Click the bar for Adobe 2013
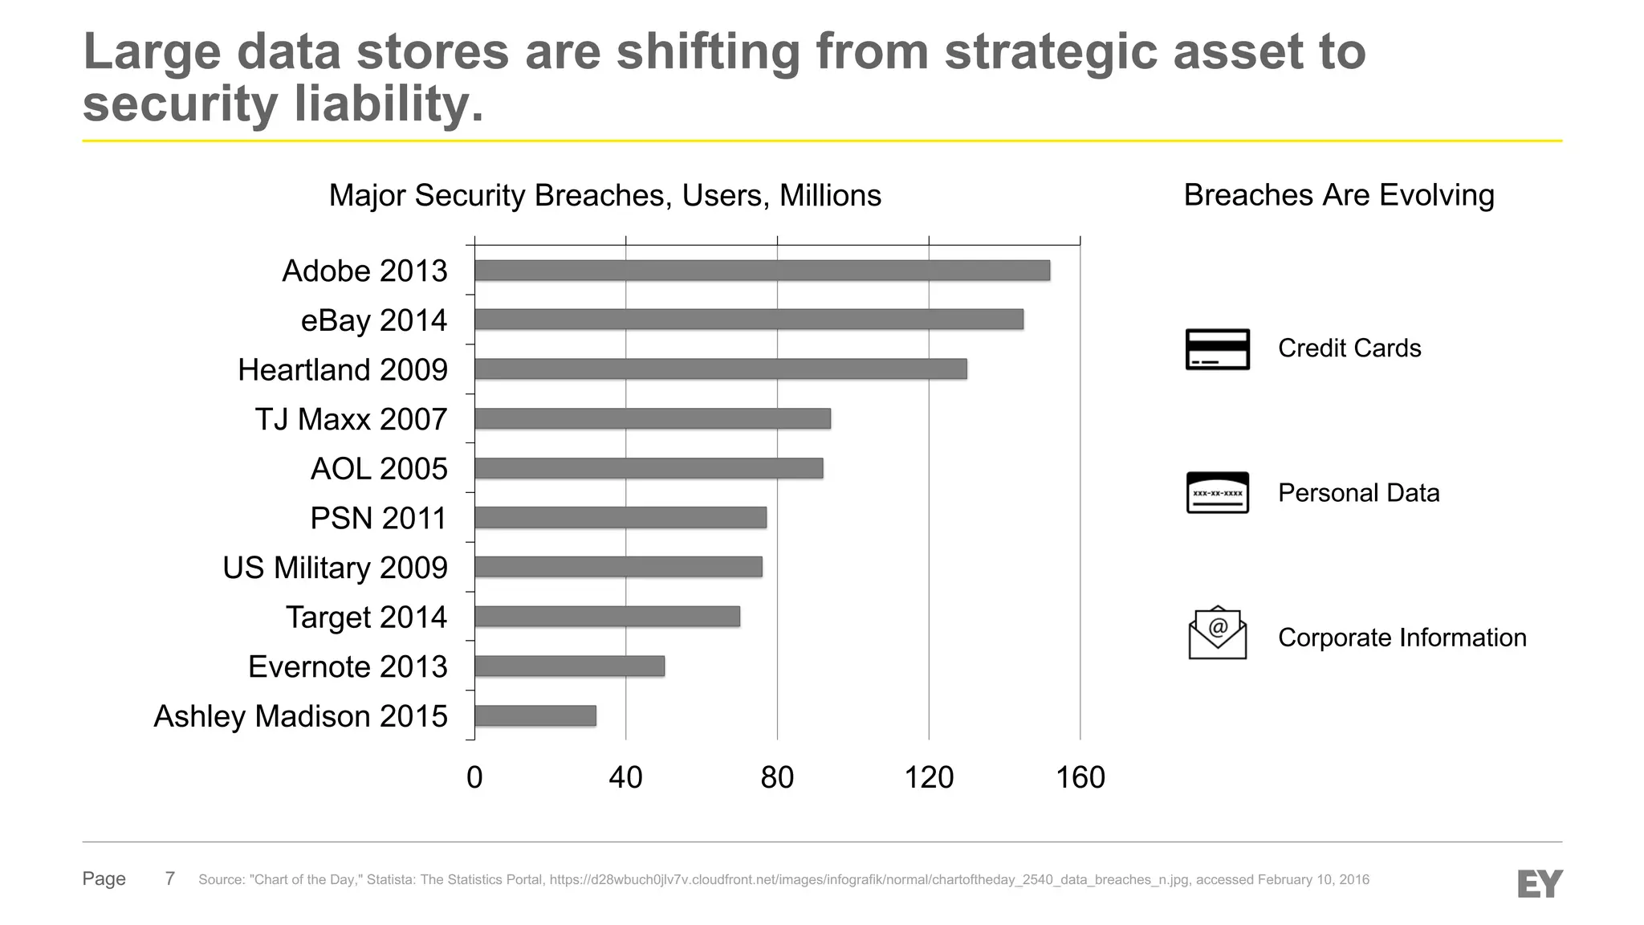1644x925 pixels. tap(762, 271)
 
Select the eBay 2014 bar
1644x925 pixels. tap(748, 320)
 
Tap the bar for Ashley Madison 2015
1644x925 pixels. tap(535, 715)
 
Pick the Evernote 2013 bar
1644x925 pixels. tap(569, 666)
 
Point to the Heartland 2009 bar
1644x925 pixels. tap(720, 369)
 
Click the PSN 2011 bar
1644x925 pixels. tap(620, 518)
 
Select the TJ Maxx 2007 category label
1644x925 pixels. tap(351, 419)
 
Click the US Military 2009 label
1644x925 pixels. tap(335, 568)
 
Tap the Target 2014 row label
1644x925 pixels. tap(366, 617)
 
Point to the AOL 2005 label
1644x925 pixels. tap(379, 469)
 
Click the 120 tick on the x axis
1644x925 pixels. tap(929, 777)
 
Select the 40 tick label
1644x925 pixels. tap(625, 777)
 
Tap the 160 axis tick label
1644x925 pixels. tap(1080, 777)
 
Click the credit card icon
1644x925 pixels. tap(1217, 349)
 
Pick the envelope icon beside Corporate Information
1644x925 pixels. tap(1217, 634)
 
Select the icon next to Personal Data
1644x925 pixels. tap(1217, 492)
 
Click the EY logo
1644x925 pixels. tap(1540, 883)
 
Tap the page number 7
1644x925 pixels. tap(169, 878)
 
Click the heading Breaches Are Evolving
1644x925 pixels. tap(1338, 195)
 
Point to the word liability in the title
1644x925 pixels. tap(389, 104)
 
